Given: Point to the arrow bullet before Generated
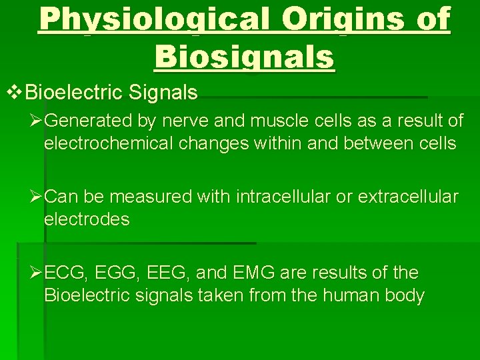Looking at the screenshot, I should click(37, 121).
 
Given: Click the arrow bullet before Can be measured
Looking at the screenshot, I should click(37, 197).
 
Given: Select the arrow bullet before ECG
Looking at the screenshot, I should click(37, 273).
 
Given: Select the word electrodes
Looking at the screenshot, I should click(87, 219).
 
